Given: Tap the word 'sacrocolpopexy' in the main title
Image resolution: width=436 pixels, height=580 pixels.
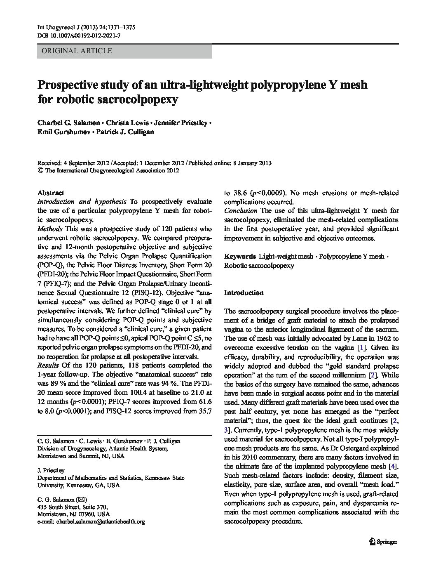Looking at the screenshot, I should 138,100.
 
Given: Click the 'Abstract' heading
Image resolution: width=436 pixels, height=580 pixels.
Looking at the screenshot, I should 51,193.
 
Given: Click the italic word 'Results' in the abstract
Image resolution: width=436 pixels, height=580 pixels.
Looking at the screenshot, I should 48,365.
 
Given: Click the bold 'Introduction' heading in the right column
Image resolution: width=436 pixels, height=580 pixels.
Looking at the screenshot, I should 244,293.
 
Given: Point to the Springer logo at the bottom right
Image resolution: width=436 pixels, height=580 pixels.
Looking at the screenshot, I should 383,542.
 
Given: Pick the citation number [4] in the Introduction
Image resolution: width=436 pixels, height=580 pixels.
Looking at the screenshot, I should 393,467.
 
